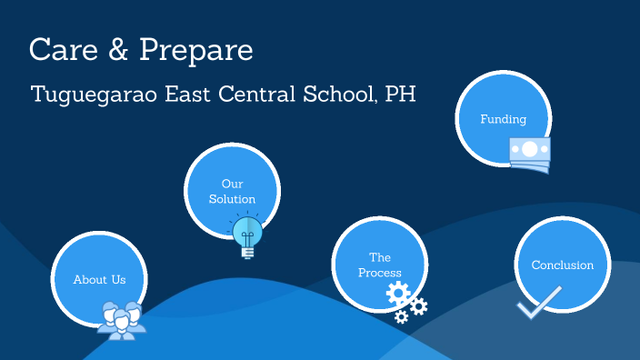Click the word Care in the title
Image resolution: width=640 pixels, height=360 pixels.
62,50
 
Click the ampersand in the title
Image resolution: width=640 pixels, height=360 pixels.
119,51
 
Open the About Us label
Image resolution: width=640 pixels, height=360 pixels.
99,280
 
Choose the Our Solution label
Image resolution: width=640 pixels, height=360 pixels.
232,191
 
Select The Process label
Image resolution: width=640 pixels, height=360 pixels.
379,265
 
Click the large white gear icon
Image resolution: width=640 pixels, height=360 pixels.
398,294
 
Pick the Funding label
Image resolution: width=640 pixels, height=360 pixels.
503,119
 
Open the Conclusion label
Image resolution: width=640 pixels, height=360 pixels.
562,265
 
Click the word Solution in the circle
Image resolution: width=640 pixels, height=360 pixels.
232,199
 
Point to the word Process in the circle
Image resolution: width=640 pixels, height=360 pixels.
379,273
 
